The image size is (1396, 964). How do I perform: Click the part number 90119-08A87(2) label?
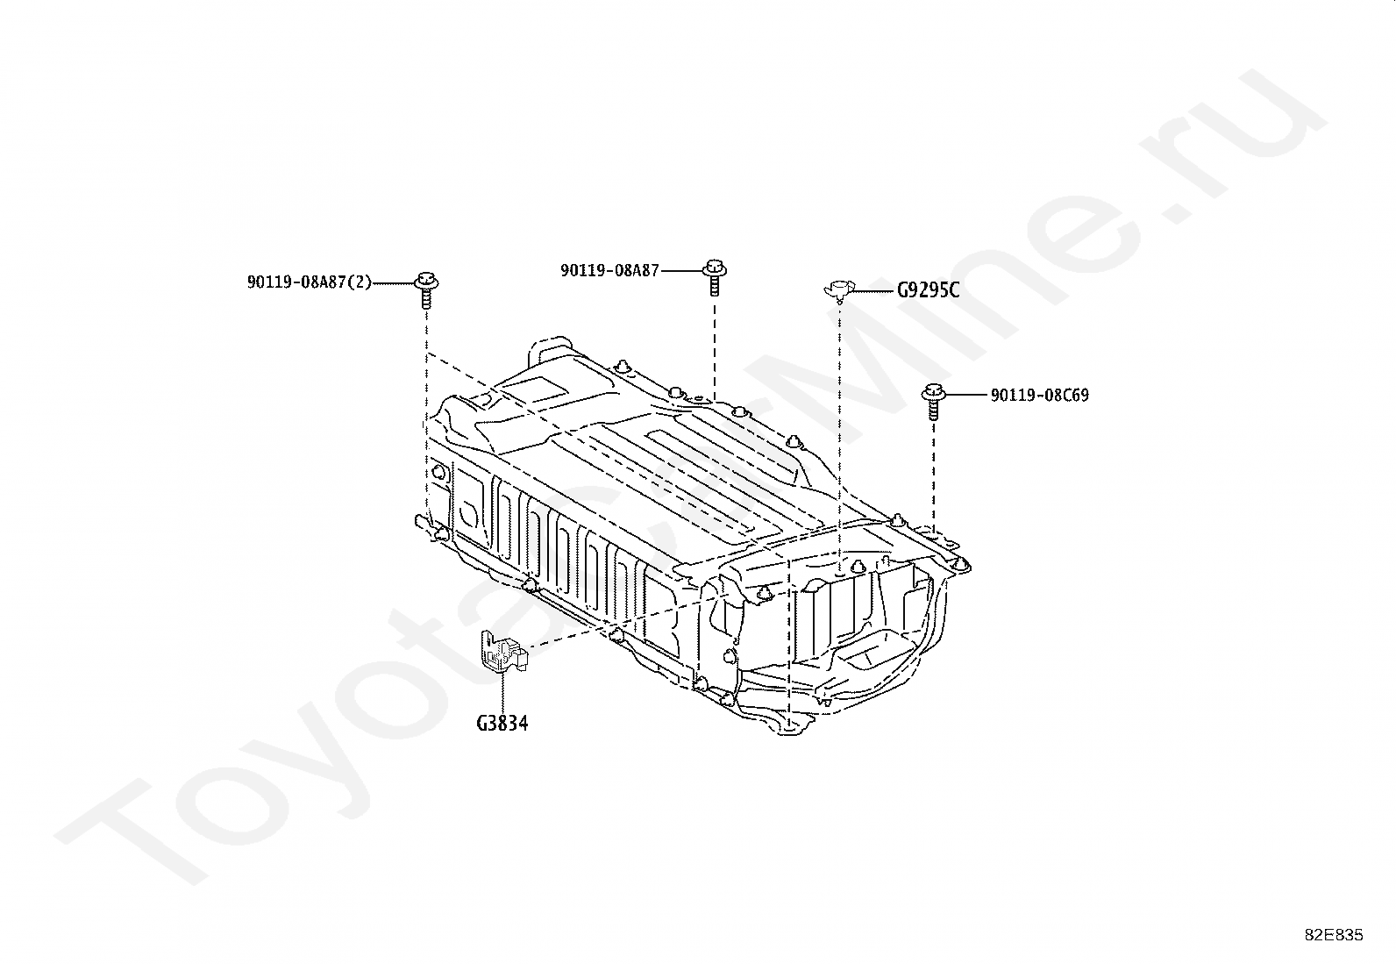point(310,282)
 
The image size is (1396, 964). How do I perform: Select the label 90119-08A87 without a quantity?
point(609,271)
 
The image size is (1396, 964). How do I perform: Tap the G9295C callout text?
point(928,290)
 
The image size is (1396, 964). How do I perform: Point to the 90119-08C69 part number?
point(1039,396)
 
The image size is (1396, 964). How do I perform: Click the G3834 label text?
point(502,724)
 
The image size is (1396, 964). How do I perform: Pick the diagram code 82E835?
point(1334,935)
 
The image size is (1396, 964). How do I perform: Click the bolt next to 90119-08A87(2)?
point(427,290)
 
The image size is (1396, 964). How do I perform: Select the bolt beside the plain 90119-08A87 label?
point(714,277)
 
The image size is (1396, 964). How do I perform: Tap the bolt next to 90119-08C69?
point(934,402)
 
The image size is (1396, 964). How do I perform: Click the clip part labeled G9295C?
point(839,290)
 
